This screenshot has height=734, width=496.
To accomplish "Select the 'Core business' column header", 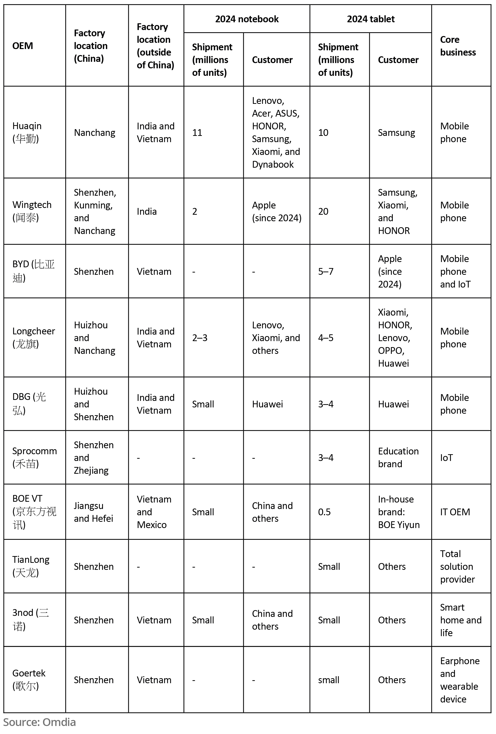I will (457, 46).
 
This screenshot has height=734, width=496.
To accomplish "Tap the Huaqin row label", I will (27, 132).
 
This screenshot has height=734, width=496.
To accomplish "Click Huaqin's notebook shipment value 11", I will (197, 133).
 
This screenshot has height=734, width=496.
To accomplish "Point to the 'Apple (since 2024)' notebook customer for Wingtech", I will (276, 211).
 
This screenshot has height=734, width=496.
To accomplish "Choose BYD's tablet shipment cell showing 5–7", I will (326, 271).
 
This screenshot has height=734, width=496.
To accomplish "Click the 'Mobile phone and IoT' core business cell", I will (455, 271).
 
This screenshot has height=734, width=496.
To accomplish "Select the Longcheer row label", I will (34, 337).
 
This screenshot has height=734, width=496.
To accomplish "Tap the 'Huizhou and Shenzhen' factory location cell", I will (94, 404).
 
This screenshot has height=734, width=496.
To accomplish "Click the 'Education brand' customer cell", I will (398, 457).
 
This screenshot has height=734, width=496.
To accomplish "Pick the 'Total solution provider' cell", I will (457, 566).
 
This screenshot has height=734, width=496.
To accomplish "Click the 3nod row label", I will (30, 620).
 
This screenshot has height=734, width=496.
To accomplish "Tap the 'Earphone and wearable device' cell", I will (459, 680).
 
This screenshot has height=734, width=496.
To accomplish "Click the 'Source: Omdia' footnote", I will (40, 722).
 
